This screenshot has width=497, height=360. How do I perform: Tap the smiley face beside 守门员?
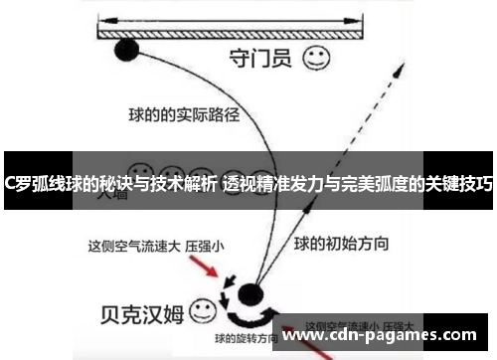pyautogui.click(x=317, y=58)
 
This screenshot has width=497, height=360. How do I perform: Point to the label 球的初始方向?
pyautogui.click(x=341, y=243)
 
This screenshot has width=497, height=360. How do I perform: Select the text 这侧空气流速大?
pyautogui.click(x=131, y=243)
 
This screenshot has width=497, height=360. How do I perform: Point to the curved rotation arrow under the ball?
pyautogui.click(x=249, y=316)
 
